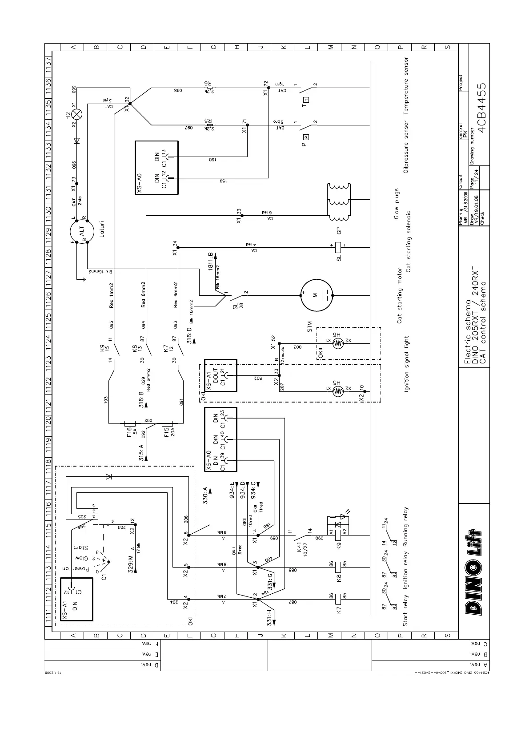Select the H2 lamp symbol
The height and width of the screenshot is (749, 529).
pos(77,114)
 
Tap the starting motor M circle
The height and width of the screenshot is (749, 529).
pos(317,295)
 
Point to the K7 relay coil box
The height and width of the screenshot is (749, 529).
pos(338,598)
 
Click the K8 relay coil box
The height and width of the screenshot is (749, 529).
pos(338,567)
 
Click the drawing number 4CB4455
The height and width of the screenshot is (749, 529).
pos(481,107)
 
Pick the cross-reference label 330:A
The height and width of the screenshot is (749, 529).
pos(206,495)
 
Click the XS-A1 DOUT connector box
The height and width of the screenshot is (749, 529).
pos(221,375)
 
